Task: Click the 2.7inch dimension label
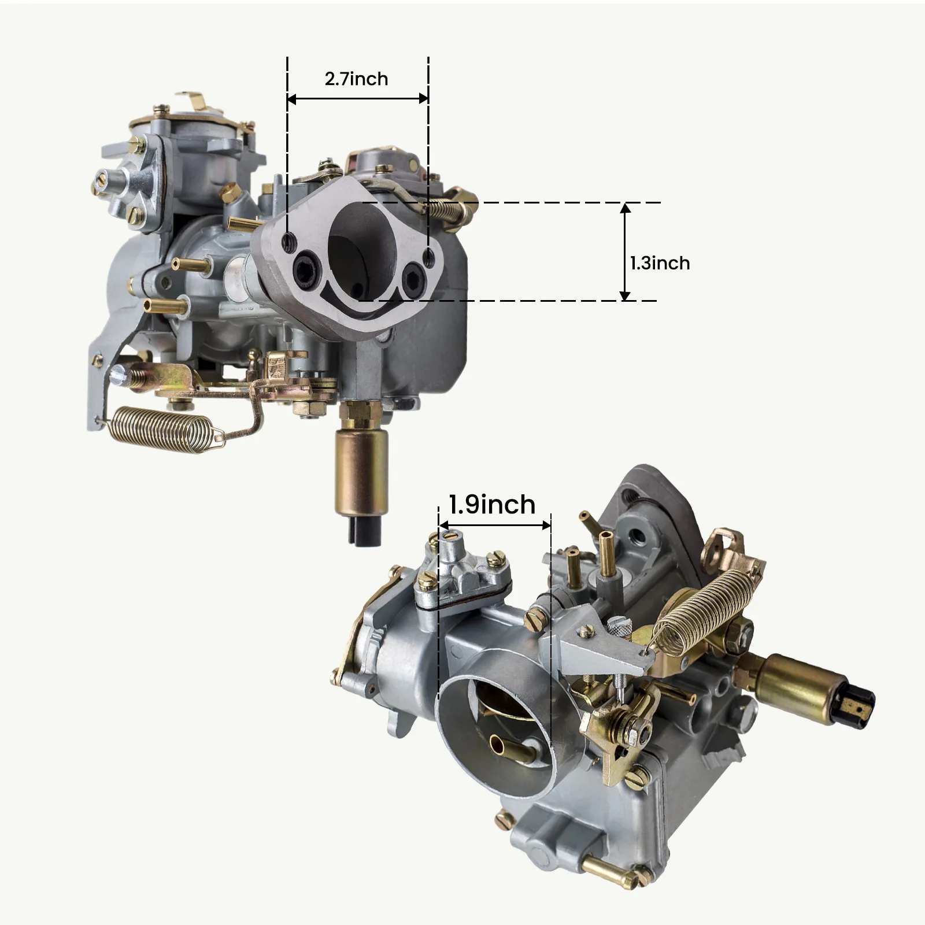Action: (356, 79)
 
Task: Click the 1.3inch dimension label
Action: (660, 263)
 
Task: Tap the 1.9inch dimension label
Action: (492, 505)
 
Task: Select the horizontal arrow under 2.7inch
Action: (358, 99)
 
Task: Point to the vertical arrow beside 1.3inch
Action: (625, 251)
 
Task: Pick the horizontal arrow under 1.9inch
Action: (495, 526)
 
